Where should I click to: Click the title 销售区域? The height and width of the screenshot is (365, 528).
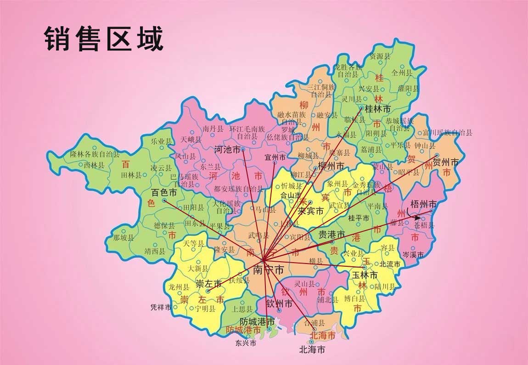[104, 38]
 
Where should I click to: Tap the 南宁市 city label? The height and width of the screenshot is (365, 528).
[269, 270]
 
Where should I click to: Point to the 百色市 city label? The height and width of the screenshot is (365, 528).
[164, 192]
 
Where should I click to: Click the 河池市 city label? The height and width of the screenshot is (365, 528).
[227, 149]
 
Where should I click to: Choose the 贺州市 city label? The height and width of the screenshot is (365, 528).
[446, 163]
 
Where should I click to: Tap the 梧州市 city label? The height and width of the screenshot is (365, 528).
[423, 203]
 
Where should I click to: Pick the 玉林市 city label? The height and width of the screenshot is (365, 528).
[365, 275]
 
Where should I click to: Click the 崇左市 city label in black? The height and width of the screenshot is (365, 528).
[208, 284]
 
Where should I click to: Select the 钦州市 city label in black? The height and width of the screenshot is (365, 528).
[280, 303]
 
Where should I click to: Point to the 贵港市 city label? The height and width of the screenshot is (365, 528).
[331, 235]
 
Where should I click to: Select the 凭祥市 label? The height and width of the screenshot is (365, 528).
[161, 307]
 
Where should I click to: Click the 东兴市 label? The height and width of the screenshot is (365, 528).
[246, 343]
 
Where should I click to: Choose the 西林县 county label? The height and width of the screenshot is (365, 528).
[94, 165]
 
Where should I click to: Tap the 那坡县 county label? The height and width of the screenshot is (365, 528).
[124, 237]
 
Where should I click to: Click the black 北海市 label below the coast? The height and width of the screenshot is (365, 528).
[312, 350]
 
